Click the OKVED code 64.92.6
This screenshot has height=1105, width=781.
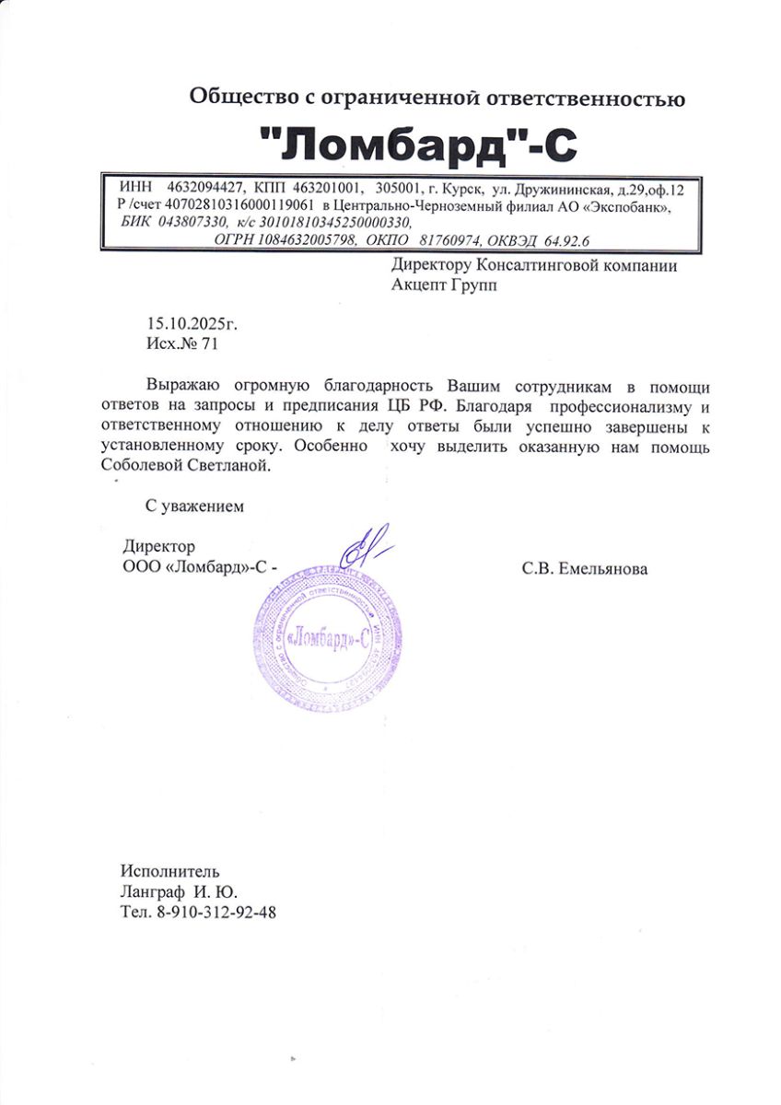click(567, 239)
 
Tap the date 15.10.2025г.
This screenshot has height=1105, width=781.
click(192, 324)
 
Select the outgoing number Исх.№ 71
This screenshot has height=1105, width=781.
click(183, 343)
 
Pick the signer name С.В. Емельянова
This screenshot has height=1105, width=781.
click(584, 568)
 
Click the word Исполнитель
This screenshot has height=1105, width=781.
click(170, 871)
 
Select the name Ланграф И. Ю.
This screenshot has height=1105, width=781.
click(179, 891)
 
